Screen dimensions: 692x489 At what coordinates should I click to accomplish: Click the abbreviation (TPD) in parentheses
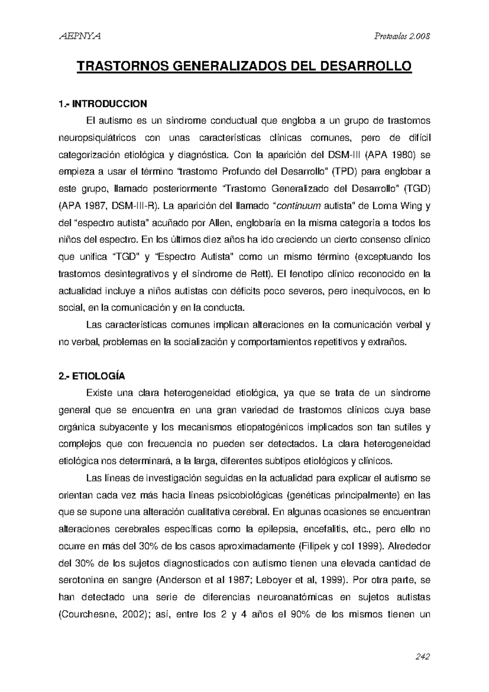[x=345, y=172]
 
